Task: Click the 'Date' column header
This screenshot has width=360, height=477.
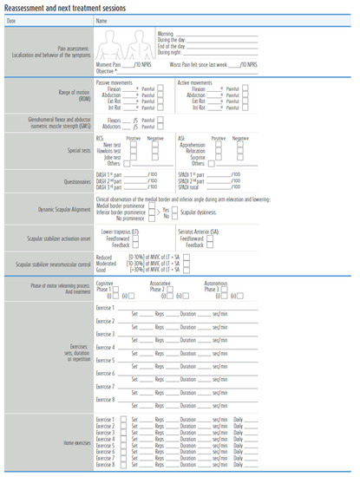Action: pos(11,19)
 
